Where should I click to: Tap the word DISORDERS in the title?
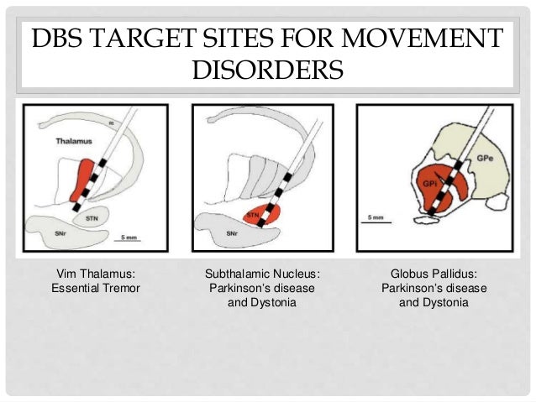[x=268, y=70]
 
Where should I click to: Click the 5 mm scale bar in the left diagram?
[x=129, y=239]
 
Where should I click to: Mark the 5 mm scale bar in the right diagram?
[x=375, y=222]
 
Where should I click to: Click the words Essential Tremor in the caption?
[x=95, y=288]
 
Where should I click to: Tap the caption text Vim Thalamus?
[x=95, y=273]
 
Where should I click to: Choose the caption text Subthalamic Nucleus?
[x=262, y=273]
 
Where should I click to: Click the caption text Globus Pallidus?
[x=434, y=273]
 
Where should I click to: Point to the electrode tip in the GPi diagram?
[x=431, y=213]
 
